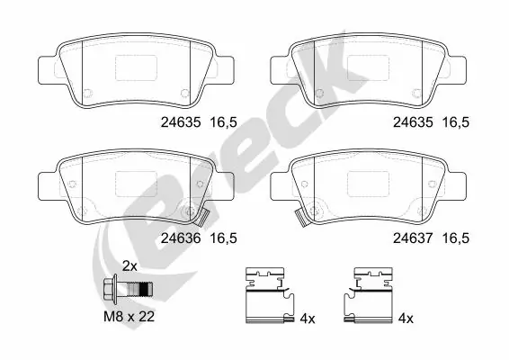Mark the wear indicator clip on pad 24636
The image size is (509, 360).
pyautogui.click(x=204, y=217)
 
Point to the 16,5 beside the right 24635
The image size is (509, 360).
pyautogui.click(x=454, y=126)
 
